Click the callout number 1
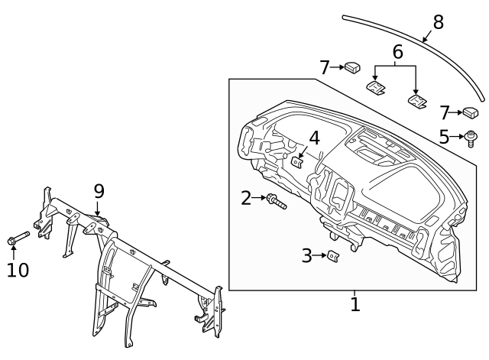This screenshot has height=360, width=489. [355, 304]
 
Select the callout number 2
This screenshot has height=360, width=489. [246, 199]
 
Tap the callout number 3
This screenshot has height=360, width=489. [307, 256]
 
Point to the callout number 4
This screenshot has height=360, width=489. [314, 138]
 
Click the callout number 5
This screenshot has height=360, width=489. [445, 138]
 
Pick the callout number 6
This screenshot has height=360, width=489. [397, 52]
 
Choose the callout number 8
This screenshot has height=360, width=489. [438, 23]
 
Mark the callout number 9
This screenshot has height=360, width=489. [99, 190]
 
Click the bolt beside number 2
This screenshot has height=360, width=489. [275, 202]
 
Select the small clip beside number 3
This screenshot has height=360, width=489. [334, 256]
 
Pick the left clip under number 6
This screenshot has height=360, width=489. [376, 89]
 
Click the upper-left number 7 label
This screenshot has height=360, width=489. [325, 68]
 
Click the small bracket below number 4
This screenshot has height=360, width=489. [298, 162]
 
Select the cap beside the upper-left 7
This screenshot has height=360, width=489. [351, 68]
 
